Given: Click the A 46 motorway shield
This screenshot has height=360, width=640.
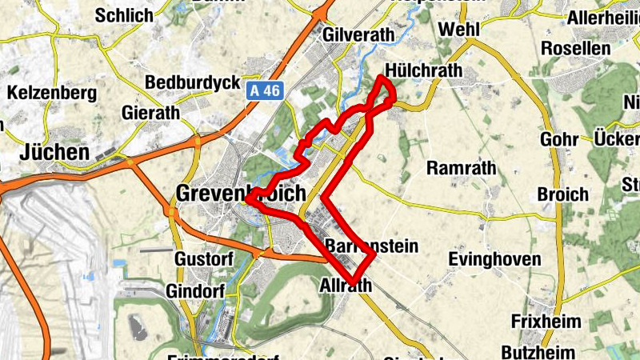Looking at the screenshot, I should point(263,91).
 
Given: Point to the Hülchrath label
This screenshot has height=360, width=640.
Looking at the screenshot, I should point(423,70).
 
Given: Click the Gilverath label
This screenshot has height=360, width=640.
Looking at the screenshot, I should point(358,35).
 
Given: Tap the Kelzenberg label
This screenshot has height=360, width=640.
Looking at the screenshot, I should point(51,94).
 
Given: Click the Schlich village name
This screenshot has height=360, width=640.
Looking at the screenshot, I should point(124,15).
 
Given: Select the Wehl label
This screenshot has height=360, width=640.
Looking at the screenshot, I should point(458,30).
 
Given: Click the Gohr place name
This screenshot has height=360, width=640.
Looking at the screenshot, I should point(558,138).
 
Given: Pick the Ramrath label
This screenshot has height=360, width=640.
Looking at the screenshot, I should point(461,168).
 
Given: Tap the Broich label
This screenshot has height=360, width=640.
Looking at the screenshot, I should point(562,194).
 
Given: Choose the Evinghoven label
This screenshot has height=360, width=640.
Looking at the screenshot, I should point(494,259).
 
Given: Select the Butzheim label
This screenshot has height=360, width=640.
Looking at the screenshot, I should point(538,352).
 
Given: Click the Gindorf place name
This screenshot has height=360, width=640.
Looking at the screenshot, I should point(195,292).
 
